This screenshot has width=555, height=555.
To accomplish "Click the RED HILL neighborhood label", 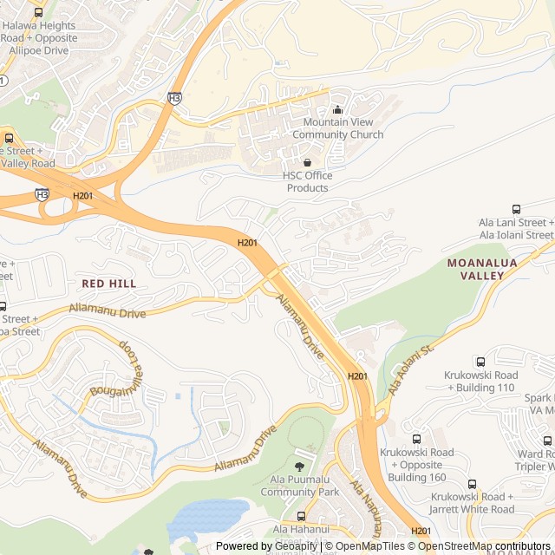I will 108,284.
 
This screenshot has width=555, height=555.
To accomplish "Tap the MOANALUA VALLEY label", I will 475,268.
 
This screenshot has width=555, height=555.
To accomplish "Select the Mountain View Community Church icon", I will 338,109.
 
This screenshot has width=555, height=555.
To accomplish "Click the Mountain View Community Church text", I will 337,128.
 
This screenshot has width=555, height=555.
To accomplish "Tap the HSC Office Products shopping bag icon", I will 307,162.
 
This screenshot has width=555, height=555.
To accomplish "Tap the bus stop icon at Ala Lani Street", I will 517,209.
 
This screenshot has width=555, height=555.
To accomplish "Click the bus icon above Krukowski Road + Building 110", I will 481,362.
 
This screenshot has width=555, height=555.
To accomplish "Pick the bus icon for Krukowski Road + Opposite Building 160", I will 416,439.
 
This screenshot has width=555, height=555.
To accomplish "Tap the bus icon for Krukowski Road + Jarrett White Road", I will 473,484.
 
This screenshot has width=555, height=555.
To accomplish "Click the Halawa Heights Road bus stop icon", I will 38,12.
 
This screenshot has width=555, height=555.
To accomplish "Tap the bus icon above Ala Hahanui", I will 301,516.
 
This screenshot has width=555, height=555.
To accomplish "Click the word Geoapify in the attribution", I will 293,546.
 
